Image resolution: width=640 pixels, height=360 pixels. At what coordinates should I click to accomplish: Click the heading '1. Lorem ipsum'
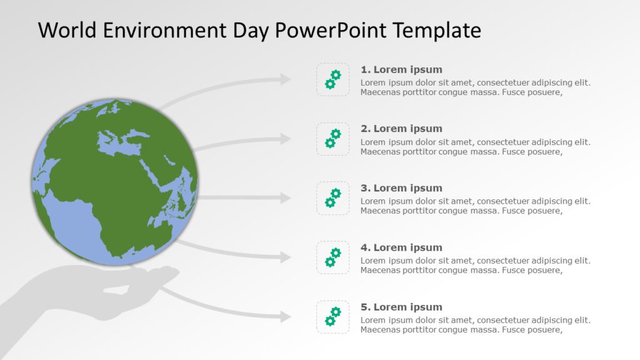tap(401, 69)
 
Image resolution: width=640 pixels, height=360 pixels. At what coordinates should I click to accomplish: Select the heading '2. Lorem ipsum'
tap(401, 129)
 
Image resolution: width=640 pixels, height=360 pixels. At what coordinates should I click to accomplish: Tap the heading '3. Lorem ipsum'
tap(401, 188)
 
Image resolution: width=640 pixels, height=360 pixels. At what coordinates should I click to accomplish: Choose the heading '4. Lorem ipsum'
tap(401, 247)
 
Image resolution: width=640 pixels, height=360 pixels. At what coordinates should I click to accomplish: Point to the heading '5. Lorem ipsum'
tap(401, 307)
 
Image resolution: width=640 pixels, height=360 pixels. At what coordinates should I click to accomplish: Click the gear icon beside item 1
tap(332, 79)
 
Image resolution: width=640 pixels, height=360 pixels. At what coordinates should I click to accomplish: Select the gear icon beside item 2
tap(332, 139)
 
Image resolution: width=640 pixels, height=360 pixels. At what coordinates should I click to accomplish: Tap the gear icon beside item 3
tap(332, 198)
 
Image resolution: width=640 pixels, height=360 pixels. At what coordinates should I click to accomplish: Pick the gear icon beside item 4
tap(332, 257)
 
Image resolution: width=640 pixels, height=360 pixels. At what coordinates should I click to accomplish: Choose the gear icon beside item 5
tap(332, 317)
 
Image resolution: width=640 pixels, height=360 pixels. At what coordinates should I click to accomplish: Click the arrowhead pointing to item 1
tap(285, 79)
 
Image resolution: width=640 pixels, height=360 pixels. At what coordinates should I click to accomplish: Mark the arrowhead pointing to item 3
tap(285, 198)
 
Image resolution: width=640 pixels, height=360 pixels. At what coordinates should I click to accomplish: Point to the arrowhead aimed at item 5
tap(285, 317)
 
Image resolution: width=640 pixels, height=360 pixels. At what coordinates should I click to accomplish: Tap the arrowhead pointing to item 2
tap(285, 139)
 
